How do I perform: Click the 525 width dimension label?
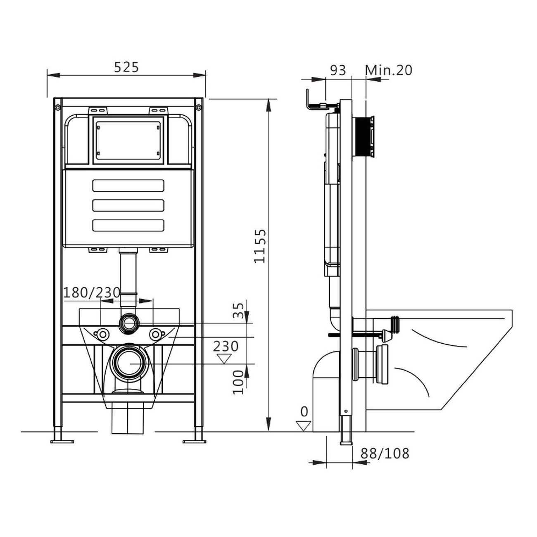pos(126,67)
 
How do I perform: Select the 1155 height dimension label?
pos(260,246)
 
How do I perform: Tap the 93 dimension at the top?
pos(338,70)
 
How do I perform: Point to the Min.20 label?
pos(389,70)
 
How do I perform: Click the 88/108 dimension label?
pos(385,454)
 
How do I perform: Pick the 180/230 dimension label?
pos(92,292)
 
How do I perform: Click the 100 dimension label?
pos(238,382)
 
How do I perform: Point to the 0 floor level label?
pos(304,411)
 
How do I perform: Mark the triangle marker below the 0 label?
pos(304,425)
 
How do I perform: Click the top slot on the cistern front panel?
pos(128,185)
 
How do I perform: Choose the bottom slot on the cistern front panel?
pos(128,225)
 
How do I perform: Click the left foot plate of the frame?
pos(62,441)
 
